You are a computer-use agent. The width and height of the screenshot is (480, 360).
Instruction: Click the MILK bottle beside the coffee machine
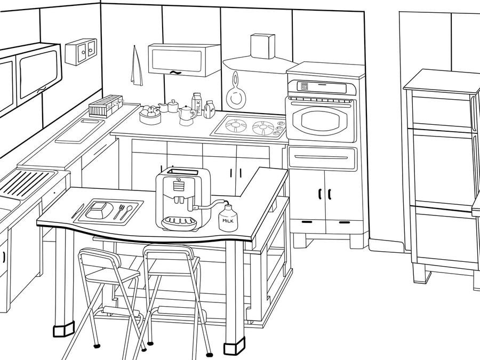pos(228,218)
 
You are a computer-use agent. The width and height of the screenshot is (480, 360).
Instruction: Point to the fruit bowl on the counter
pos(150,115)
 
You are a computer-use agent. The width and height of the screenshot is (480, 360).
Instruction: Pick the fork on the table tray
pos(119,211)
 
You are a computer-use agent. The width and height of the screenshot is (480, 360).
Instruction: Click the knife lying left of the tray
pos(78,211)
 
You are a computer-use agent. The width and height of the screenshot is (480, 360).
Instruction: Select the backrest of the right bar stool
pos(169,252)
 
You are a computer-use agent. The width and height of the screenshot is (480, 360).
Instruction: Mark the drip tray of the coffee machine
pos(179,223)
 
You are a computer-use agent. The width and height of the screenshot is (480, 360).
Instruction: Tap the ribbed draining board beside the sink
pos(25,183)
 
